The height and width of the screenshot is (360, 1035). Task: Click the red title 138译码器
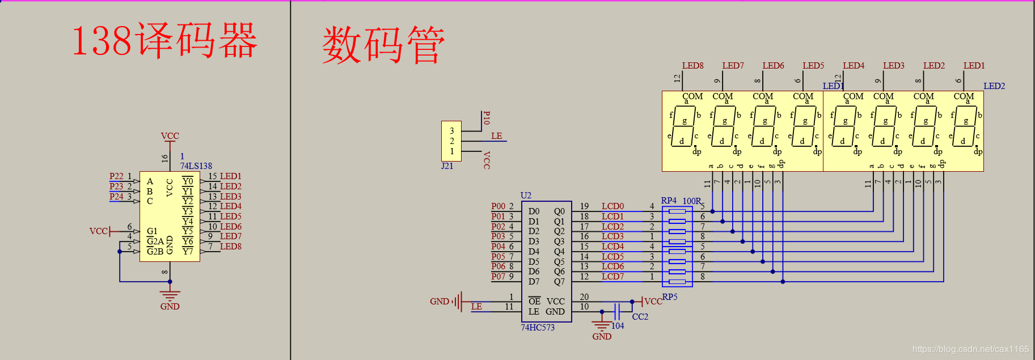164,41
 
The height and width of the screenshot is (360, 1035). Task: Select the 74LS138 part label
196,166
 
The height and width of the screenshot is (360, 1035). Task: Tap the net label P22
116,176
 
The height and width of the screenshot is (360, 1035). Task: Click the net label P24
116,197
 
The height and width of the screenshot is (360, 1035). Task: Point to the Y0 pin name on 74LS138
188,181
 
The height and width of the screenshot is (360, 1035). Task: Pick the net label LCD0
612,206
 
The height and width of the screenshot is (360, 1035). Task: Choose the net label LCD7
612,277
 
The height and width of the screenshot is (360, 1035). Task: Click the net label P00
498,206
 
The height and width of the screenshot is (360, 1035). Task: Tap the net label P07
498,277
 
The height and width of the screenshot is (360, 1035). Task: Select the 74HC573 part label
538,328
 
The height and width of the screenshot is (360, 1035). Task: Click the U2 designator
526,196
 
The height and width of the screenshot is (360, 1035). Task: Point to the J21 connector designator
447,166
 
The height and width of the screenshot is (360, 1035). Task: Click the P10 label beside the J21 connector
486,118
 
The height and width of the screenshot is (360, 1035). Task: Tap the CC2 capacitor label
640,317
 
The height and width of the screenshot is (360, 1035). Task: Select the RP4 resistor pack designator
669,201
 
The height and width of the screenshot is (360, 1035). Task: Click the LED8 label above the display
692,66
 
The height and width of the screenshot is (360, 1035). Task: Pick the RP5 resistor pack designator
670,297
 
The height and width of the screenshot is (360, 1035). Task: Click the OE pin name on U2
534,302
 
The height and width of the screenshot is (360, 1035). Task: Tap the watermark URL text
970,349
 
